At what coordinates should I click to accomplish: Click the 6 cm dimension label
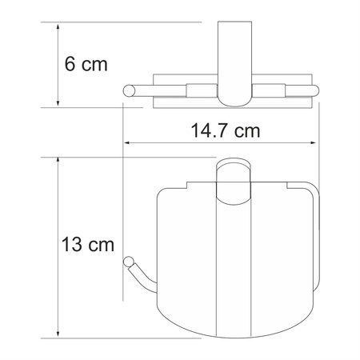pyautogui.click(x=85, y=64)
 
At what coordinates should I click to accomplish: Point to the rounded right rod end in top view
pyautogui.click(x=316, y=90)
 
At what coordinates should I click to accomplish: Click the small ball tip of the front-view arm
pyautogui.click(x=127, y=262)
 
